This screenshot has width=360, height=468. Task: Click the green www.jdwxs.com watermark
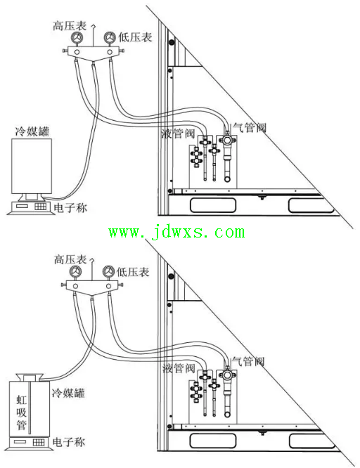coord(176,233)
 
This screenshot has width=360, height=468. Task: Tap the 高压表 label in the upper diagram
coord(70,26)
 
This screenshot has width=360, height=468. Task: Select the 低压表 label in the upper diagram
coord(135,37)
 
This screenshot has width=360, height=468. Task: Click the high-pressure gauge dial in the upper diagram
coord(77,38)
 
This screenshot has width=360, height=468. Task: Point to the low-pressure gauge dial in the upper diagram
coord(110,38)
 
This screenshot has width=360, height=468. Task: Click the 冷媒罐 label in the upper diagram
coord(32,131)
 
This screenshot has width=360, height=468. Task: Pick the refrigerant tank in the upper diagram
coord(32,167)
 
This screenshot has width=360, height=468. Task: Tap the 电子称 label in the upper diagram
coord(70,207)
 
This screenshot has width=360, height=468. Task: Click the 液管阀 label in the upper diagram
coord(178,133)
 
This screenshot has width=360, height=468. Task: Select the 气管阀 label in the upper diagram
coord(250,128)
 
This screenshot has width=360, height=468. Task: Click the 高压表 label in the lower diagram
coord(70,260)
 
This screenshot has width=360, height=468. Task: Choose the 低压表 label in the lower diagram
coord(133,272)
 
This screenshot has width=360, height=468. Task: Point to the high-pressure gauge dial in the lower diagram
coord(75,272)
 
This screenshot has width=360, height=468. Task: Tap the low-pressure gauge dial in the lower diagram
coord(108,272)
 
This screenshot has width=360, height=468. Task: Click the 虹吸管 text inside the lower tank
coord(22,412)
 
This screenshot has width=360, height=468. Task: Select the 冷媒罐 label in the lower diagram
coord(68,393)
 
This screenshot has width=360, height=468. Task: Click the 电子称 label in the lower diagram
coord(69,442)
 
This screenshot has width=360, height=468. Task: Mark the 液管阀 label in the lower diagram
coord(179,368)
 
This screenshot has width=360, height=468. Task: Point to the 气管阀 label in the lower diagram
coord(248,361)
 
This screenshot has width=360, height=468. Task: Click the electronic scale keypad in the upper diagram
coord(41,206)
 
